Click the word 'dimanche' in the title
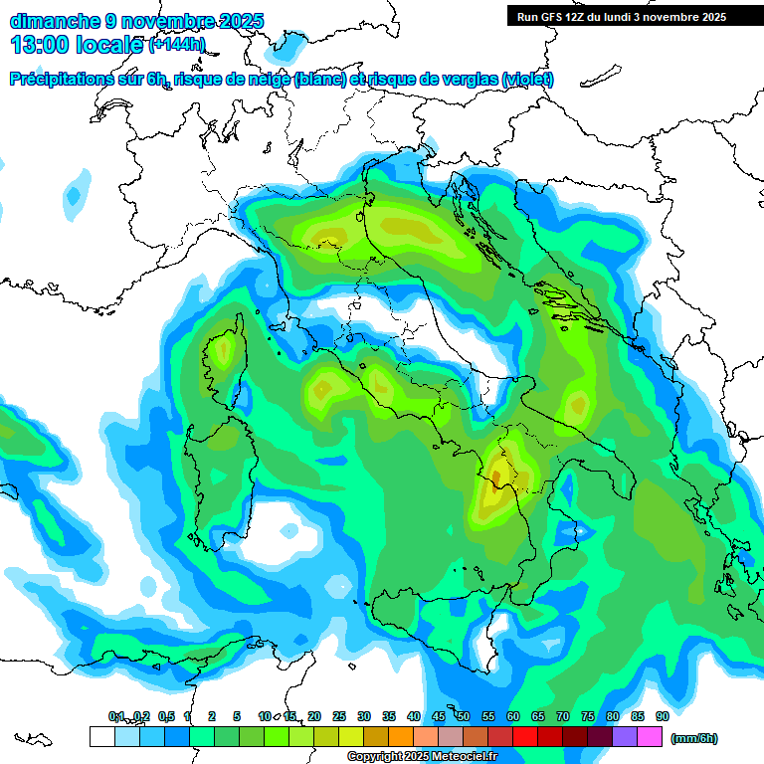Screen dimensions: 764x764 [x=53, y=20]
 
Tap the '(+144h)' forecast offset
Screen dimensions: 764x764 [x=177, y=45]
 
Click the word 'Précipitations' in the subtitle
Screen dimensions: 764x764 [x=69, y=80]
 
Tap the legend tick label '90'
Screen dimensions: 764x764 [x=662, y=716]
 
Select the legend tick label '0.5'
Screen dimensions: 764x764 [x=165, y=716]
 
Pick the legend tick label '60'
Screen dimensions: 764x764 [x=512, y=716]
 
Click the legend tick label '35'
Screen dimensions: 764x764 [x=388, y=716]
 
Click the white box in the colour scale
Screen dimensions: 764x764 [x=101, y=736]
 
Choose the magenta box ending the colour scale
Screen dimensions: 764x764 [x=650, y=736]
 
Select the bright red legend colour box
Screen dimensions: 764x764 [x=525, y=736]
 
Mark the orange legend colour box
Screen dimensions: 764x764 [x=401, y=736]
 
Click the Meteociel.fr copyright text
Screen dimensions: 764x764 [x=423, y=757]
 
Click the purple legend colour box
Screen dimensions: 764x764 [x=625, y=736]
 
